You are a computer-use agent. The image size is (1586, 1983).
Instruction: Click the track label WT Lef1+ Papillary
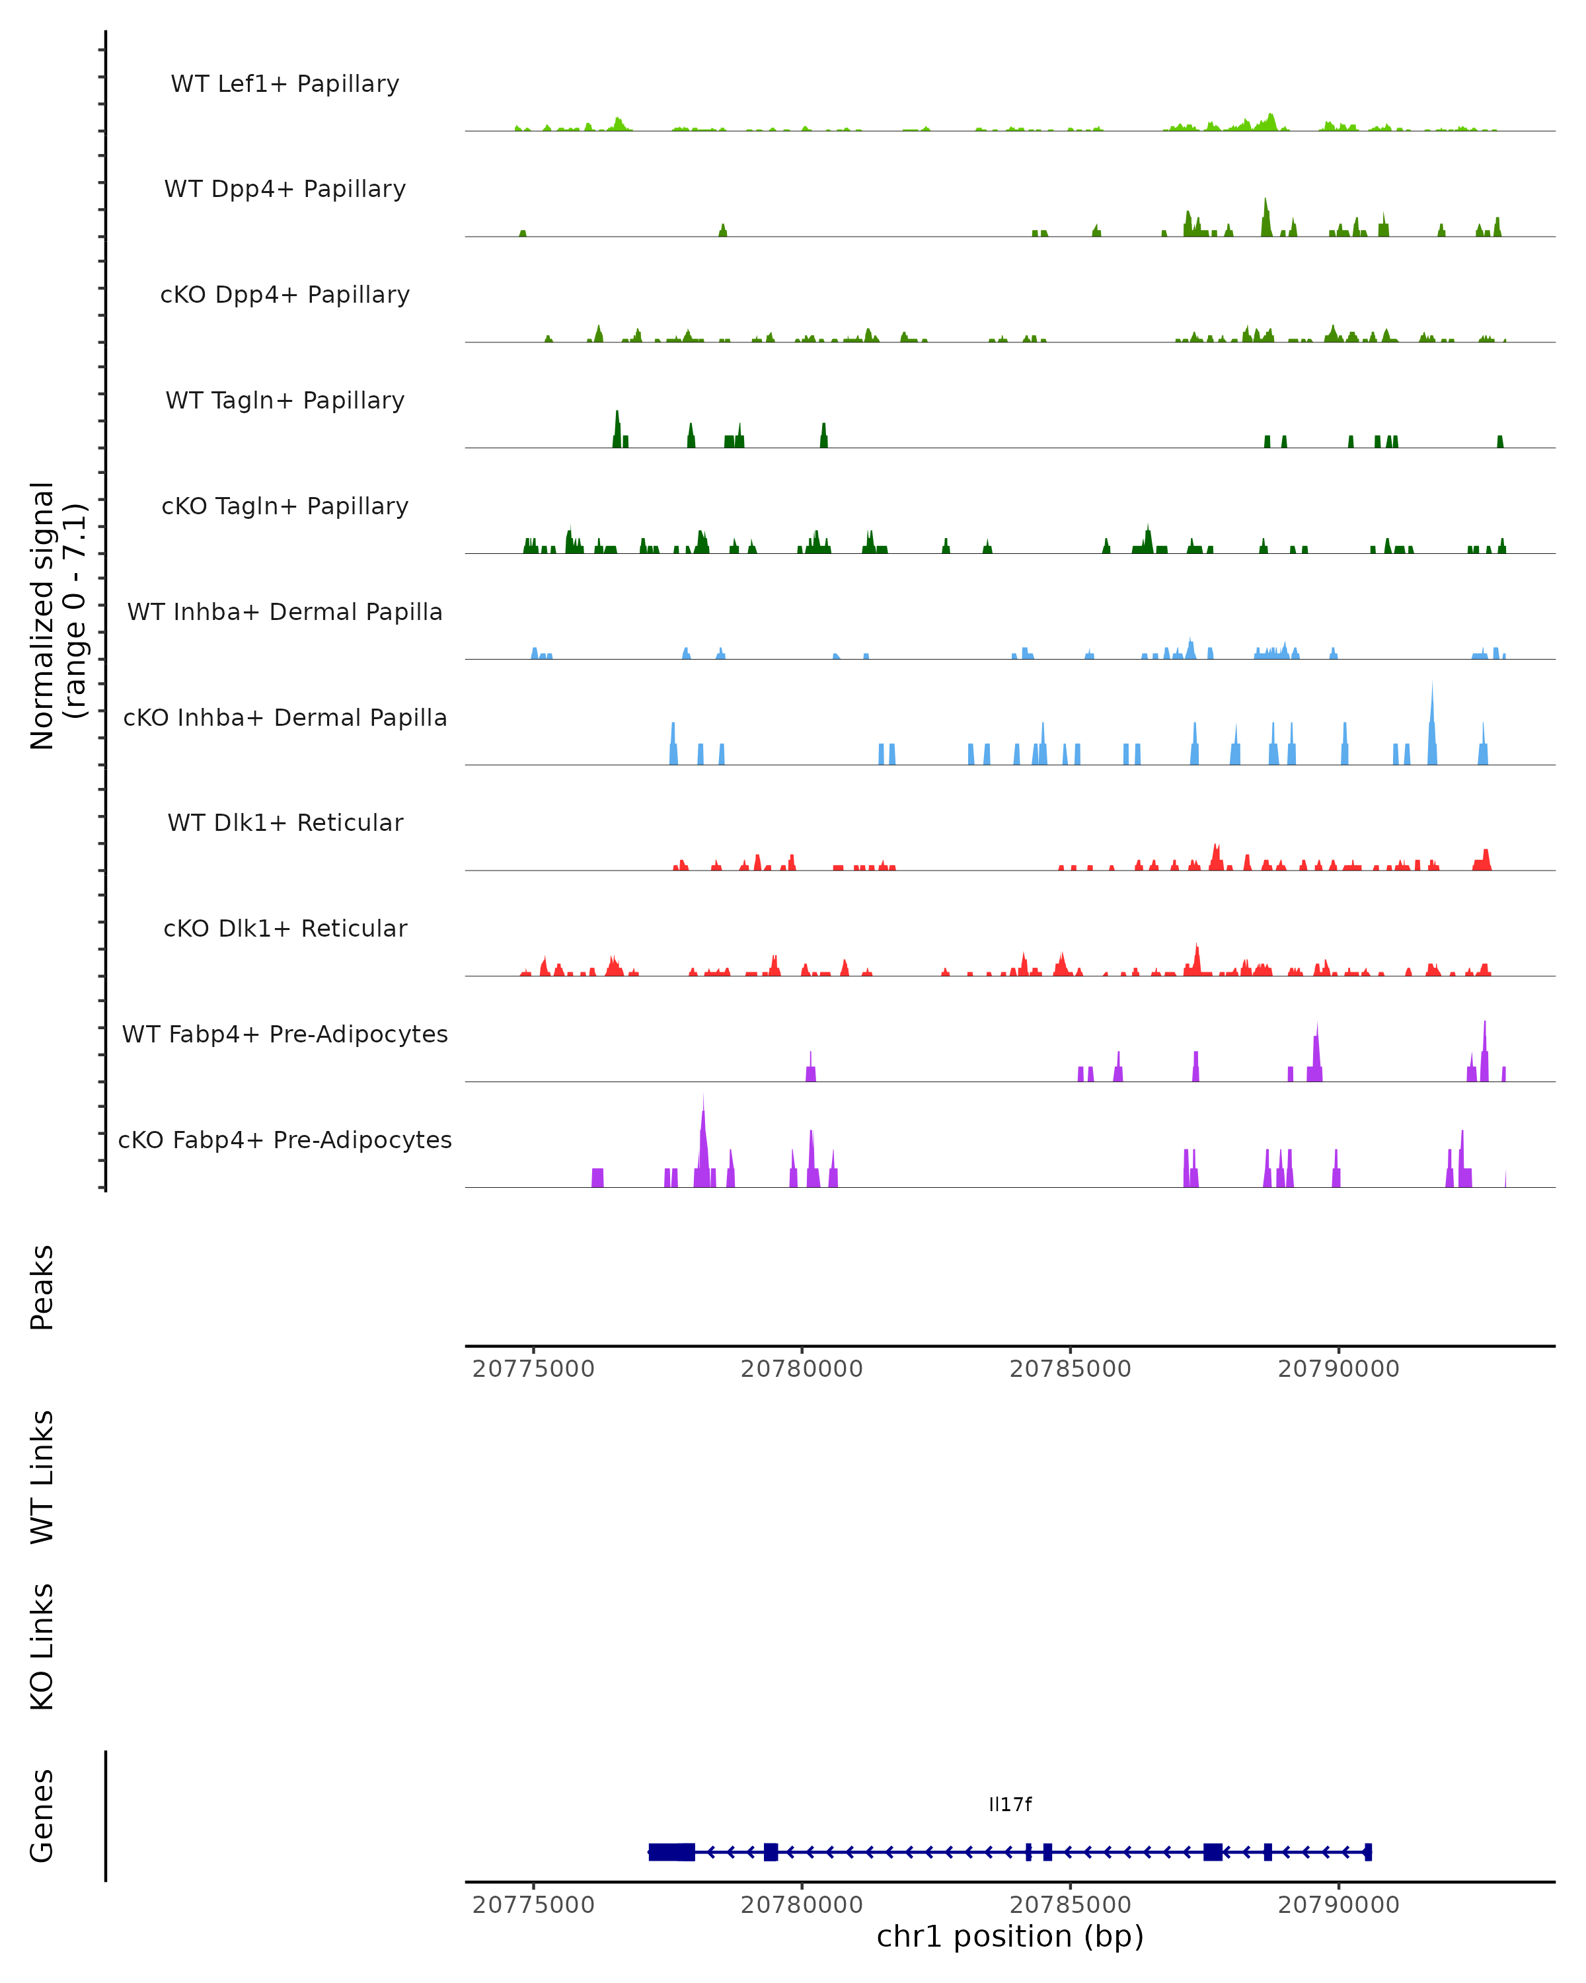(x=285, y=84)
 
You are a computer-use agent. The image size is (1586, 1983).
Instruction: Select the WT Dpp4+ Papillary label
(x=285, y=190)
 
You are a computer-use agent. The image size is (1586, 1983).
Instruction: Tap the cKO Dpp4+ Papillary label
(x=285, y=295)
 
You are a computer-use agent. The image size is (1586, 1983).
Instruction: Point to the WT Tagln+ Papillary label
(x=285, y=401)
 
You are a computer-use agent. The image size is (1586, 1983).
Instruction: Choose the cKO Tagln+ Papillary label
(x=285, y=507)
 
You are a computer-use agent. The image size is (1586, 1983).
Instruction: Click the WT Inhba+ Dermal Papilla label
(x=285, y=613)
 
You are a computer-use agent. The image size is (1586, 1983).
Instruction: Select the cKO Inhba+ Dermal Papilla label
(x=285, y=719)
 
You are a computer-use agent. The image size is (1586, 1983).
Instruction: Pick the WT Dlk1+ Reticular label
(x=285, y=823)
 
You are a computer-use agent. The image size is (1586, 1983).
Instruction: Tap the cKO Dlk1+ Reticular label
(x=285, y=929)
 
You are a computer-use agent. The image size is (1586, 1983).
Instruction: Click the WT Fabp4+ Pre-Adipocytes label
(x=285, y=1034)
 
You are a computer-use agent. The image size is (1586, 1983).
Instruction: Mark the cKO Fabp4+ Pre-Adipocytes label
(x=285, y=1140)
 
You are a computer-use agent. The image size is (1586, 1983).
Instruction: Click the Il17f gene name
(x=1010, y=1805)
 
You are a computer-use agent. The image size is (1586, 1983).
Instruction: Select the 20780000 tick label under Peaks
(x=802, y=1370)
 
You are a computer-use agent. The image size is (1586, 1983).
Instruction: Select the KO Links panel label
(x=42, y=1647)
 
